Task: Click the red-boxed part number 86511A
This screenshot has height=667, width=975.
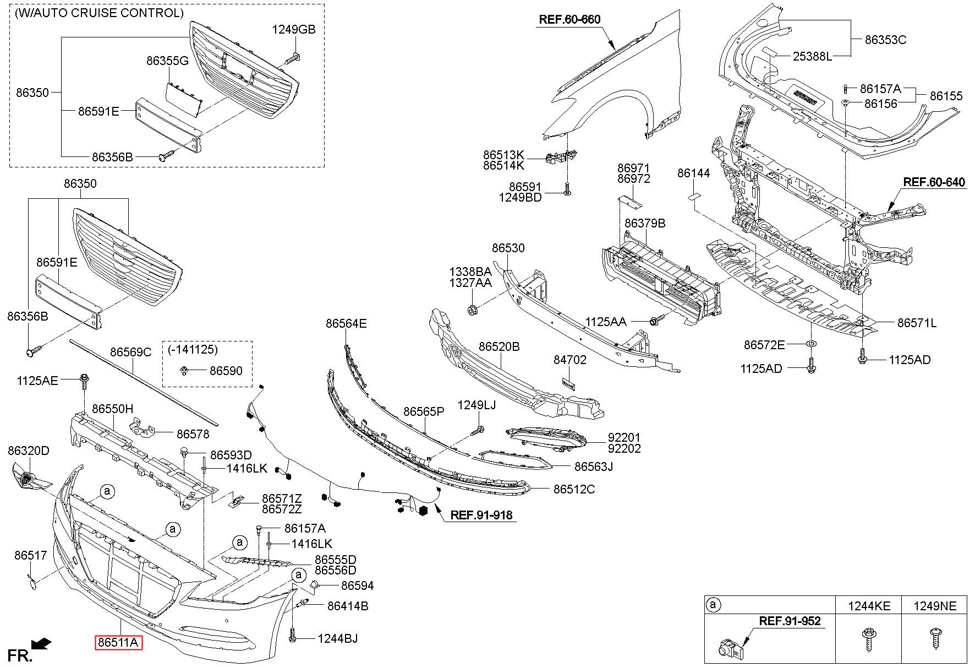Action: (118, 643)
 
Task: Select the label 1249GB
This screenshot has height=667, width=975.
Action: (294, 30)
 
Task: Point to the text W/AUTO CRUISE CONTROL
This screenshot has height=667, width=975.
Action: (100, 13)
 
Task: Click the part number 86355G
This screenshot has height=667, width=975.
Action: (167, 61)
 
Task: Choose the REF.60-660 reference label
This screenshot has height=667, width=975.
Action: (569, 20)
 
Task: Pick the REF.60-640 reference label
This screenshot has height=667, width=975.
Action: (934, 182)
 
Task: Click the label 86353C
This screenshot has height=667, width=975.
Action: (885, 40)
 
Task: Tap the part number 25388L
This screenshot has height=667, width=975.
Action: (812, 56)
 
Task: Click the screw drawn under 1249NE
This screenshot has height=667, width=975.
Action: (935, 639)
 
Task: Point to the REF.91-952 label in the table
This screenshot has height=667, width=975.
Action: (790, 621)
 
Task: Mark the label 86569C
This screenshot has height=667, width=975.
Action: (130, 353)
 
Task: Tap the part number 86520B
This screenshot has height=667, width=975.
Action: (499, 347)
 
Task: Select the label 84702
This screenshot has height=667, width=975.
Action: (570, 360)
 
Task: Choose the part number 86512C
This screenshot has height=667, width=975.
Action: (574, 489)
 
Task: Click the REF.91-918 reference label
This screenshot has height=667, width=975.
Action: (481, 516)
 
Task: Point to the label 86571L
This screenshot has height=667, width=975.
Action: (917, 323)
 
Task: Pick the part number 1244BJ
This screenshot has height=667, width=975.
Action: (337, 638)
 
